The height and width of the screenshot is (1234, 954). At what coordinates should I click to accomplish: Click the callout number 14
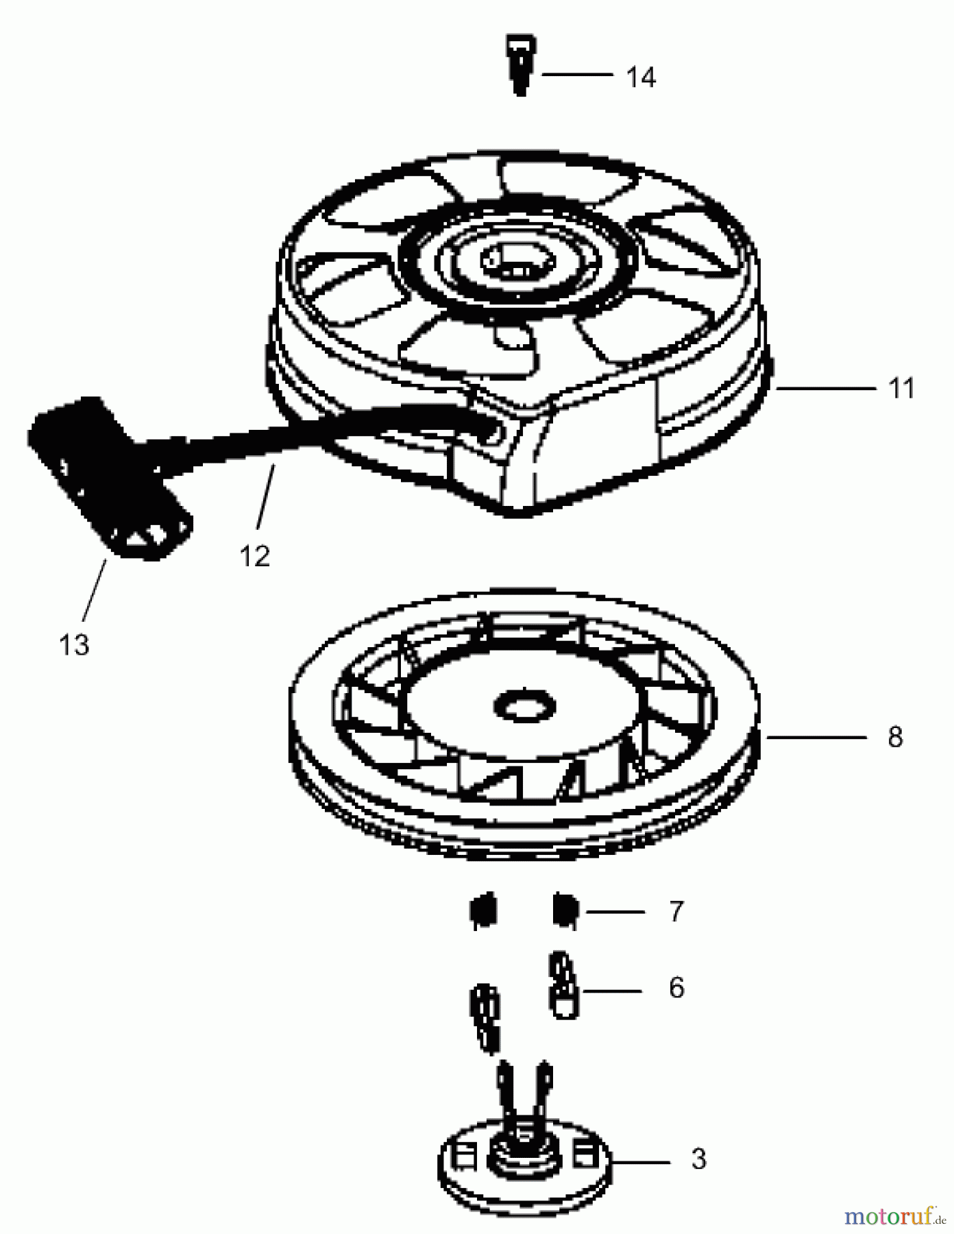tap(641, 77)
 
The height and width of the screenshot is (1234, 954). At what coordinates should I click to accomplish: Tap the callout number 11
tap(901, 389)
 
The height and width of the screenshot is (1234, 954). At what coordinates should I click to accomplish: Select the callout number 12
tap(255, 555)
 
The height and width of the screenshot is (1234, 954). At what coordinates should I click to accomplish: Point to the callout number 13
tap(74, 644)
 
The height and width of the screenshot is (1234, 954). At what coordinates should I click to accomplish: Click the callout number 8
tap(895, 737)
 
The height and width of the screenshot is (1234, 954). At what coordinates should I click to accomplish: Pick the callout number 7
tap(676, 911)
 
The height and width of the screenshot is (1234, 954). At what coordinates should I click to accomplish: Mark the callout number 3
tap(698, 1159)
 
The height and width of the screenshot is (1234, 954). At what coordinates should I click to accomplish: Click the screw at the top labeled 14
tap(522, 66)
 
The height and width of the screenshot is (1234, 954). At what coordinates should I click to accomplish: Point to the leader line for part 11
tap(826, 389)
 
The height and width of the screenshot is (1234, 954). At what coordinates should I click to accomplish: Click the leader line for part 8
tap(817, 737)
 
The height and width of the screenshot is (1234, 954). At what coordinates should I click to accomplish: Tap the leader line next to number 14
tap(578, 73)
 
